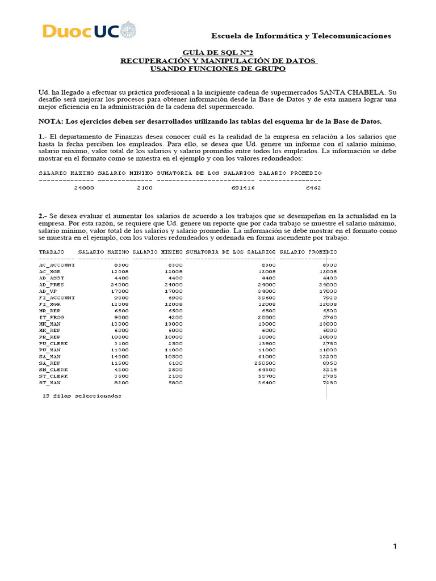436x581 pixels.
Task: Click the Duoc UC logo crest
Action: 129,30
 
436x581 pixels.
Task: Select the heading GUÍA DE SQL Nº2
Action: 218,52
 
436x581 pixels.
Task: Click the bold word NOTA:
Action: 52,121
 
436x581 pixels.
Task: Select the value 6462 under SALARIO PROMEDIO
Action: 313,188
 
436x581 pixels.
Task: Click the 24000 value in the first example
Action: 84,188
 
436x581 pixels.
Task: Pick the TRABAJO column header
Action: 51,251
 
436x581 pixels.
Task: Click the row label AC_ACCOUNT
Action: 57,265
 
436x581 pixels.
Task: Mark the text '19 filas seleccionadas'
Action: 82,395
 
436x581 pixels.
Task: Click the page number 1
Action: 395,546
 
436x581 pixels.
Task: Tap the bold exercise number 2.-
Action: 43,216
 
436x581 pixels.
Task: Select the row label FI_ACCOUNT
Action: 57,297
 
